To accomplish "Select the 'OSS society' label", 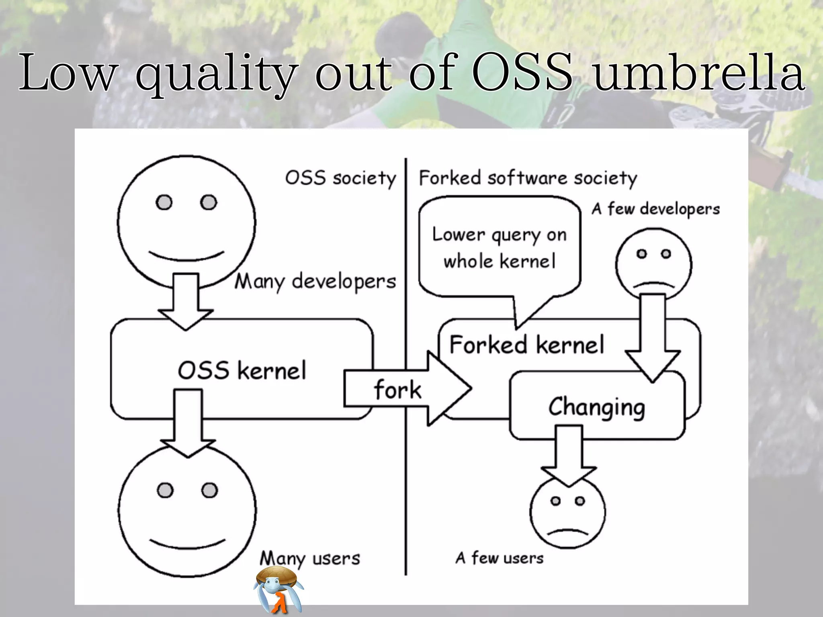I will (340, 178).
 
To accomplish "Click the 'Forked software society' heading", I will (528, 178).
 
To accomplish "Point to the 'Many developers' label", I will (315, 281).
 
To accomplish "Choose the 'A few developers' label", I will (655, 209).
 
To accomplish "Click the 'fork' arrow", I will (406, 389).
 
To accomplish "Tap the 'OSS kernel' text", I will (242, 370).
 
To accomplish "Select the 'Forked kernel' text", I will (526, 345).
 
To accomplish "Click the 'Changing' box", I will (597, 407).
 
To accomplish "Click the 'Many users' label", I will (310, 558).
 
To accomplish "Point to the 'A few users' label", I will (500, 558).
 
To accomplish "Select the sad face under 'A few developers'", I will (654, 263).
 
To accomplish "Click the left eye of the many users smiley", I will (165, 490).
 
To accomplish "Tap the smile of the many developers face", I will (186, 256).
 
